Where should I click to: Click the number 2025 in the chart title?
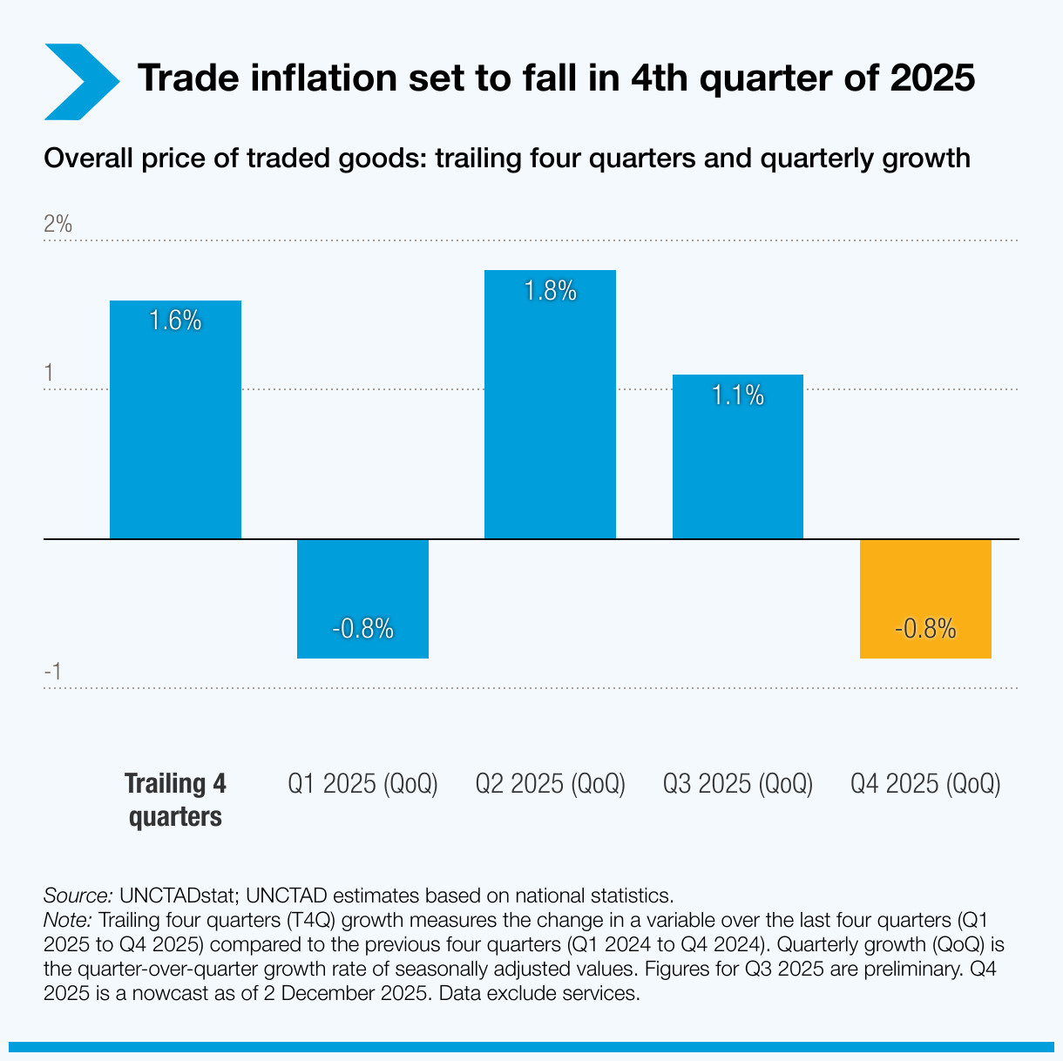coord(932,78)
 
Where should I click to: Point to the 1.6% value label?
coord(175,321)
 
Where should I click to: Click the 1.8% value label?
coord(550,291)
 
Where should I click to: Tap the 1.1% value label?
coord(737,396)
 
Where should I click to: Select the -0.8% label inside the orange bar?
coord(925,629)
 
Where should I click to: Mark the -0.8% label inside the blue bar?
coord(362,629)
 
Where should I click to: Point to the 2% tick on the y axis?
coord(58,224)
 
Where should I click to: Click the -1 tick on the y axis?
coord(52,672)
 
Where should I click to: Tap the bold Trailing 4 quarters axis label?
coord(175,800)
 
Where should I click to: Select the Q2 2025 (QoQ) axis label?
coord(550,784)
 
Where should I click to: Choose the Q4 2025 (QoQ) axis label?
coord(925,784)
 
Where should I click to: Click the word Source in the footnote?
coord(78,895)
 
